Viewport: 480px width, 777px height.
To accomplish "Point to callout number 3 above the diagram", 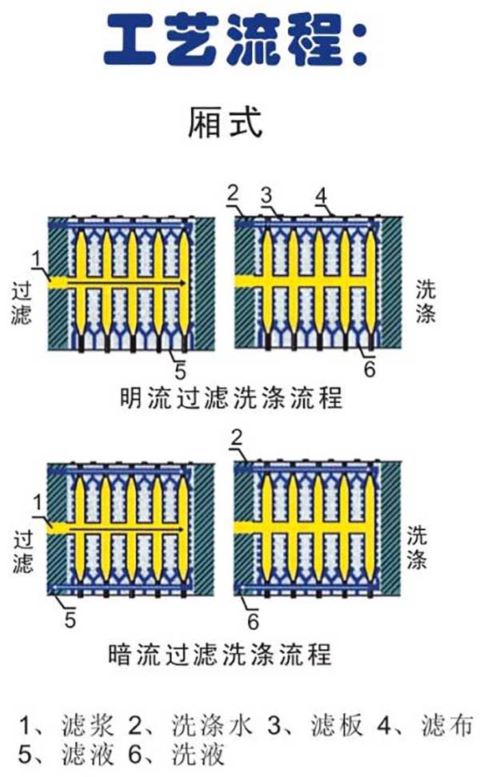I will tap(267, 194).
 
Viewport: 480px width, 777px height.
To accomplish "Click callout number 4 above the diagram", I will tap(321, 194).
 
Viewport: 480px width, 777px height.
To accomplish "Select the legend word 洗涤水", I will tap(212, 726).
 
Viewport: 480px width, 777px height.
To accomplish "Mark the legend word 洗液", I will tap(198, 754).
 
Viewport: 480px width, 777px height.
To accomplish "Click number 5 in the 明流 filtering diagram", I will tap(180, 371).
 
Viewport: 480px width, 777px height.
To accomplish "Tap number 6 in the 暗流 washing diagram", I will tap(252, 621).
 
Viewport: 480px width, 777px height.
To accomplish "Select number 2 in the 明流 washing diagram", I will tap(234, 193).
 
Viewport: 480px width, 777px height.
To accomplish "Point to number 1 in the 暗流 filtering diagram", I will tap(36, 501).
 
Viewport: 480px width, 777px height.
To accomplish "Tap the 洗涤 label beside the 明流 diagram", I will tap(426, 301).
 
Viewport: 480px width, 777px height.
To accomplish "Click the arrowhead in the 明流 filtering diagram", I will tap(184, 283).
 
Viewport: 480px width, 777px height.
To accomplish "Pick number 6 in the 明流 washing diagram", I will tap(369, 370).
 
